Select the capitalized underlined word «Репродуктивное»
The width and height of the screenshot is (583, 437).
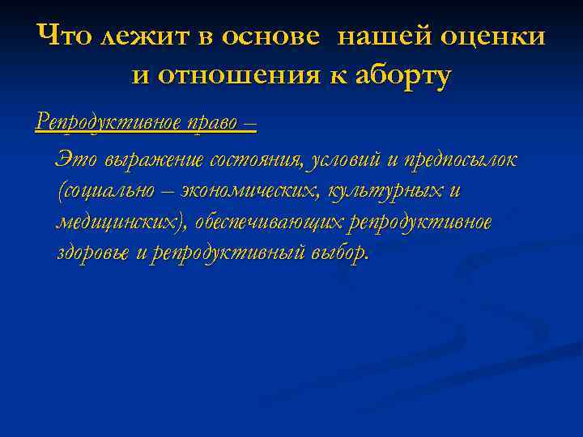[100, 123]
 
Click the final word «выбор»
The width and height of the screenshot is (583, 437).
[338, 253]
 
